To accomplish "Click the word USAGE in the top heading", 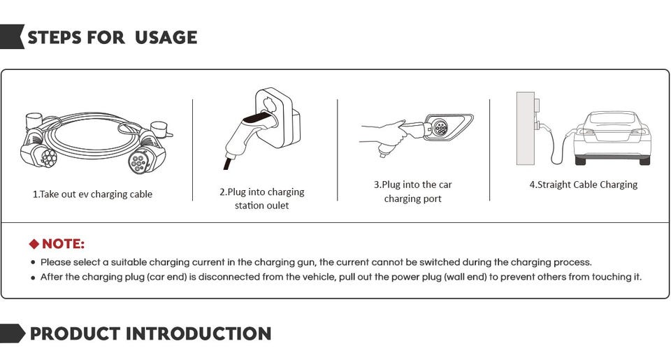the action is click(x=166, y=38).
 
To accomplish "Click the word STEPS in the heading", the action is click(x=55, y=38).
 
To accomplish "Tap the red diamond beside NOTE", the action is click(x=34, y=244).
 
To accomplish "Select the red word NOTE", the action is click(x=63, y=244).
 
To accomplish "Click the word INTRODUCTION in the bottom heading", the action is click(x=199, y=334).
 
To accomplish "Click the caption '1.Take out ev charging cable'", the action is click(x=92, y=194).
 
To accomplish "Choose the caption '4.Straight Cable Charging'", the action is click(x=583, y=185).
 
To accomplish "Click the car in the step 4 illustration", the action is click(x=612, y=138).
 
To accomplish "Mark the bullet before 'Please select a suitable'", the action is click(x=34, y=263).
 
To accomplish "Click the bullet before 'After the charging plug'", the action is click(x=34, y=278).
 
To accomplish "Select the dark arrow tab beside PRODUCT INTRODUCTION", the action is click(x=13, y=333).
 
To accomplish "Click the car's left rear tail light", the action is click(x=586, y=132).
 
